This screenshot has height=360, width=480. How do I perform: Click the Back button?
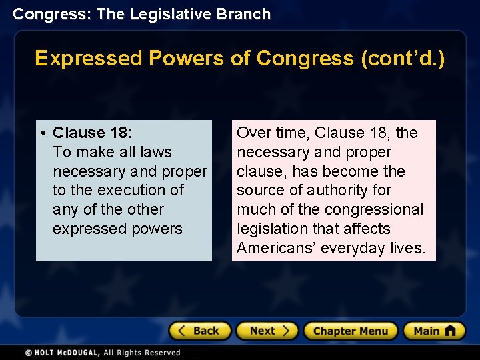[200, 331]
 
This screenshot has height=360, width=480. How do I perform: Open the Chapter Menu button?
[351, 331]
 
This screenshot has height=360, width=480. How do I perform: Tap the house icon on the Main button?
[450, 331]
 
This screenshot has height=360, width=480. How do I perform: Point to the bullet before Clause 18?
[43, 133]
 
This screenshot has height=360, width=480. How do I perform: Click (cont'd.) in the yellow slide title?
[403, 59]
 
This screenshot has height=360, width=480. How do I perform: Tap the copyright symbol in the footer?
[29, 353]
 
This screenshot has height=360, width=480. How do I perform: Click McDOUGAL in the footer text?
[79, 353]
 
